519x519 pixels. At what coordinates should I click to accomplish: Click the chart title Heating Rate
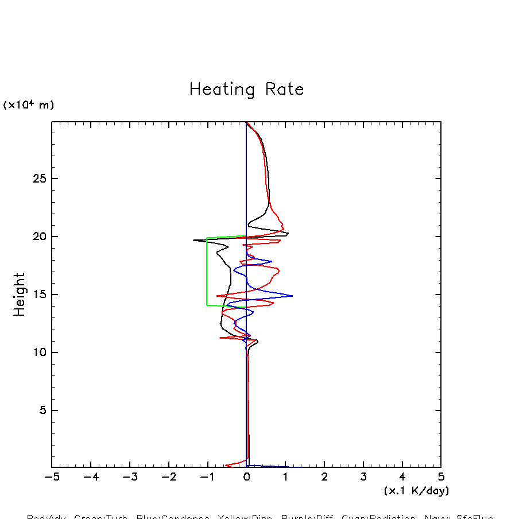click(x=246, y=90)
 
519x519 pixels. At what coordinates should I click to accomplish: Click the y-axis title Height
click(x=20, y=294)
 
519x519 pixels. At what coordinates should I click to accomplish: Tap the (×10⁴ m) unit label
click(x=29, y=105)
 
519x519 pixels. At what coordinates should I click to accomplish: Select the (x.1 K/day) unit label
click(x=416, y=491)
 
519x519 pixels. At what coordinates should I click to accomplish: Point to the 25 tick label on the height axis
click(x=39, y=179)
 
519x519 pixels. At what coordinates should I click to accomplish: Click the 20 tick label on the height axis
click(x=39, y=237)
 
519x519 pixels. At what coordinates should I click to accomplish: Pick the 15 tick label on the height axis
click(x=39, y=295)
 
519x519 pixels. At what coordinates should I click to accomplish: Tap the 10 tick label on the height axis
click(x=39, y=353)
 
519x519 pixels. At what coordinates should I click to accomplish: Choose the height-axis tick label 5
click(x=42, y=410)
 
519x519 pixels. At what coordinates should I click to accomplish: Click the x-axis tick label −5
click(x=52, y=477)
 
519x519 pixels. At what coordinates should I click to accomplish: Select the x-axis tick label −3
click(x=130, y=477)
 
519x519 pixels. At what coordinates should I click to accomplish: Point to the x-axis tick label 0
click(x=246, y=477)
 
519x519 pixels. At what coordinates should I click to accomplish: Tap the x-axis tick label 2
click(x=324, y=477)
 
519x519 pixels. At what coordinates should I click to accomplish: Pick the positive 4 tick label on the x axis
click(x=402, y=477)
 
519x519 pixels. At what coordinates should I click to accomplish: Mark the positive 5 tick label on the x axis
click(x=441, y=477)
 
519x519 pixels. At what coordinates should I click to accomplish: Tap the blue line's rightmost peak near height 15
click(x=292, y=296)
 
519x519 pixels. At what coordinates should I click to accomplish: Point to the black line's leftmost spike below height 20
click(x=194, y=240)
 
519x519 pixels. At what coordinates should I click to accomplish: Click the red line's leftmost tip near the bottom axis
click(x=226, y=465)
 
